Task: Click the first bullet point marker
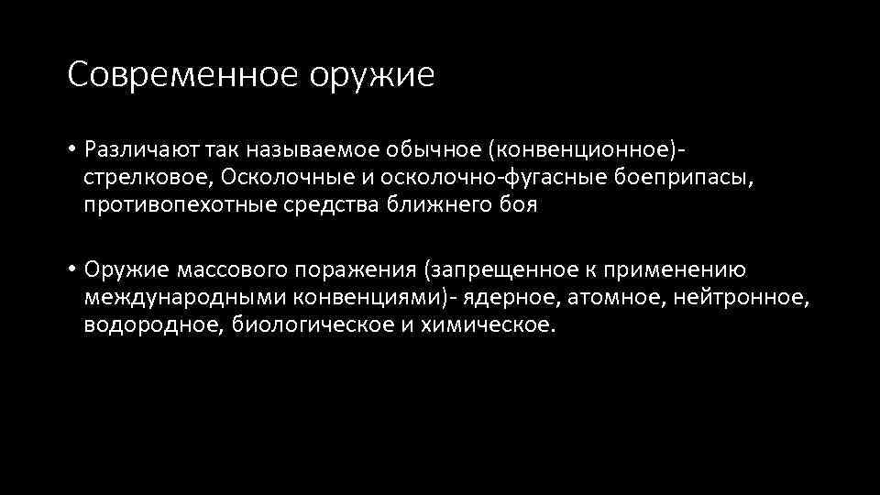71,148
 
